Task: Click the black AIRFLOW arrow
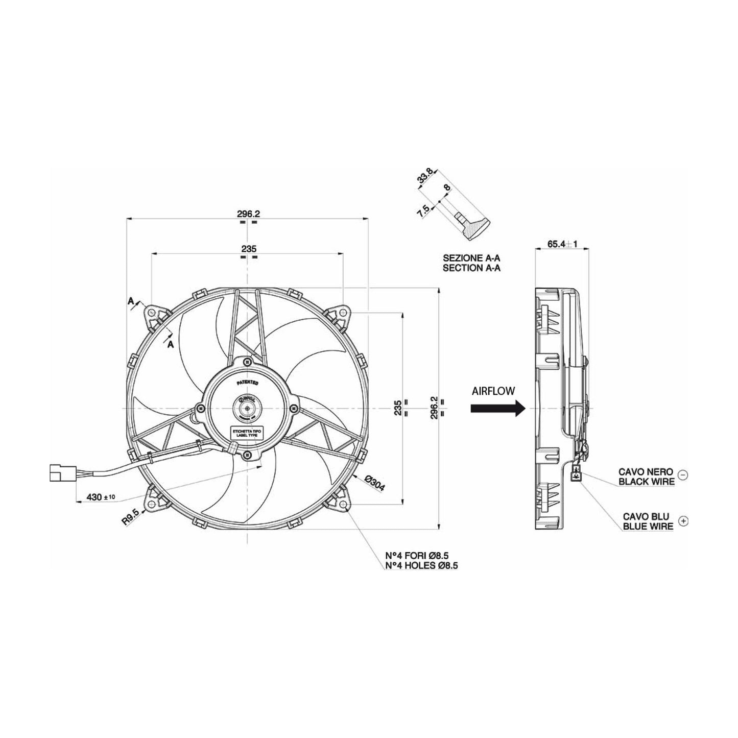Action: [497, 408]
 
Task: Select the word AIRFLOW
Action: [493, 391]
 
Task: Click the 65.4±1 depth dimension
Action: [562, 244]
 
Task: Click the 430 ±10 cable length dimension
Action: [101, 497]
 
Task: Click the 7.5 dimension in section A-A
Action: [423, 211]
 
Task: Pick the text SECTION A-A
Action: [471, 268]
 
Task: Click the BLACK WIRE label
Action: [646, 481]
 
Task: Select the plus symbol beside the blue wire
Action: [684, 521]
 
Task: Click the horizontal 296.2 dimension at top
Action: [249, 214]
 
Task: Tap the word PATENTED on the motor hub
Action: [248, 382]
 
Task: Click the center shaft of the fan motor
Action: [247, 408]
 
